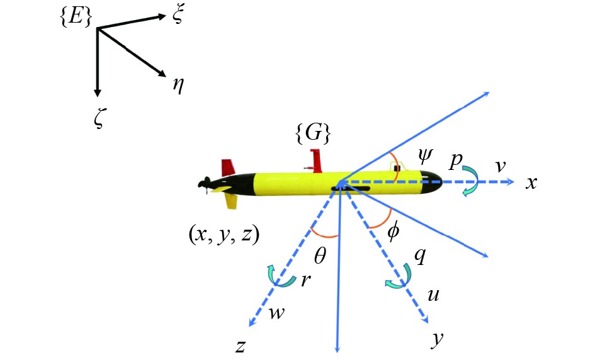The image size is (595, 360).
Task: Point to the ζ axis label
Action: point(97,118)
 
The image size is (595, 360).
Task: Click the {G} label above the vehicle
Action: point(313,133)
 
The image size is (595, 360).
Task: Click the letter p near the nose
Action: point(455,160)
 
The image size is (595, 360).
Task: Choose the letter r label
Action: point(305,281)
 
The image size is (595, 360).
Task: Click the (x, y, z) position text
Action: point(224,233)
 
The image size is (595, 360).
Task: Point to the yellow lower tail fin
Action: point(231,200)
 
